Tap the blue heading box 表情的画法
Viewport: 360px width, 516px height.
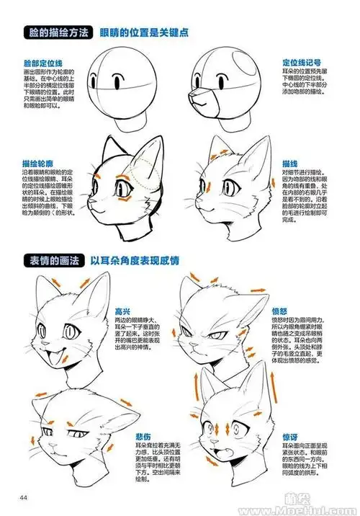[x=53, y=259]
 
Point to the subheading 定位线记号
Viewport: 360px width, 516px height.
[x=298, y=63]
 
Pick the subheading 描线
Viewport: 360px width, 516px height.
[x=291, y=164]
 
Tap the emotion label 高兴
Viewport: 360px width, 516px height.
[x=122, y=311]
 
